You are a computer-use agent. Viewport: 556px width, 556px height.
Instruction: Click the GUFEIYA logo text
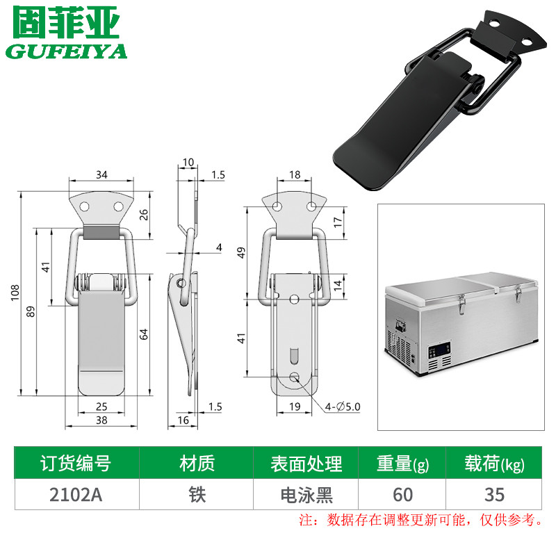click(66, 51)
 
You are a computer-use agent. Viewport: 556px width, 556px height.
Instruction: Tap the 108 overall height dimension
click(15, 293)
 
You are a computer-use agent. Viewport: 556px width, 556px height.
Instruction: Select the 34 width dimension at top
click(101, 174)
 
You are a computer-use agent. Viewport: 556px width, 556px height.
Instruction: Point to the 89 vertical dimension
click(31, 311)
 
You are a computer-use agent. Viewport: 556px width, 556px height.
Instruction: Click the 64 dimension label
click(143, 334)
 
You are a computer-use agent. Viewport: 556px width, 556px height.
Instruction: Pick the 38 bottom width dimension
click(101, 420)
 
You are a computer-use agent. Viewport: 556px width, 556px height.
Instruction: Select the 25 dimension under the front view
click(101, 407)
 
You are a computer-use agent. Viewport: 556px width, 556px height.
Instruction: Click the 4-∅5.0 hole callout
click(343, 407)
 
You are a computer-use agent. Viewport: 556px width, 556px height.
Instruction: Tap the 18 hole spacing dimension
click(294, 174)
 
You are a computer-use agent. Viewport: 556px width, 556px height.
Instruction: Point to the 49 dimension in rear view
click(241, 252)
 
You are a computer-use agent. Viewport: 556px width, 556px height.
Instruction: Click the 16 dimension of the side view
click(183, 420)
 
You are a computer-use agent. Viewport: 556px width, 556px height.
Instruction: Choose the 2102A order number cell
click(76, 494)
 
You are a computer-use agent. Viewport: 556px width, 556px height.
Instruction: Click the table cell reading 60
click(402, 494)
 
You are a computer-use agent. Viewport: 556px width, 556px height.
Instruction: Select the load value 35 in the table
click(494, 494)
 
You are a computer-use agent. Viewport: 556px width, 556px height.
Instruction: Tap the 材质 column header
click(197, 463)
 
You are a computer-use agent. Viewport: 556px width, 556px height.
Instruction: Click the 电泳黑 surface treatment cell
click(306, 494)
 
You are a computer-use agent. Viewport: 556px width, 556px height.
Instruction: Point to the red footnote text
click(420, 520)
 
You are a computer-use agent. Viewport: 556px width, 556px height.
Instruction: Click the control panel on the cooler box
click(440, 350)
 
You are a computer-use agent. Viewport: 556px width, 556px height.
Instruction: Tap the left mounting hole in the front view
click(84, 206)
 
